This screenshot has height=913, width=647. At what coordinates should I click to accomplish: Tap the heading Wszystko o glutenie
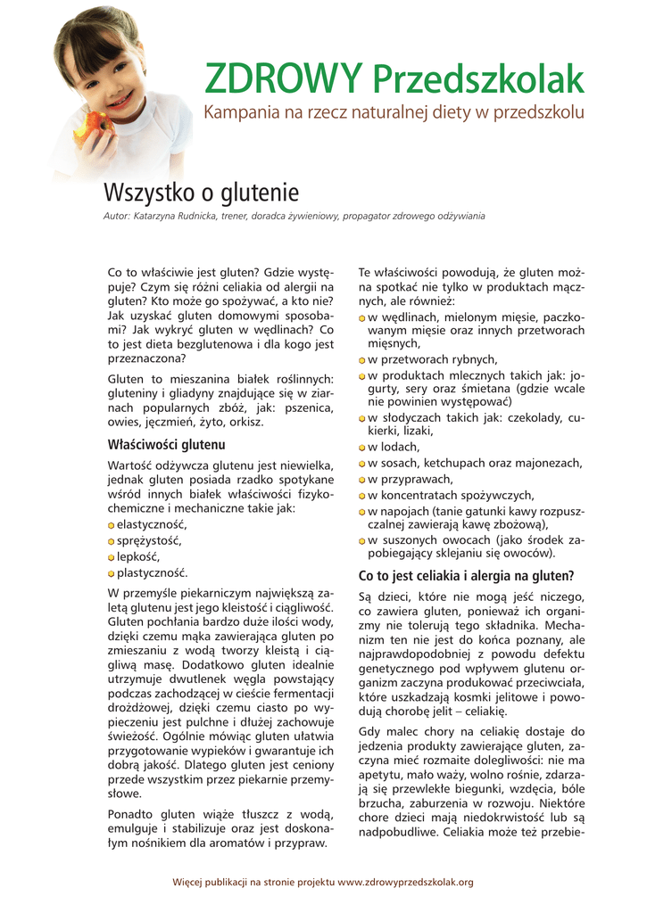click(202, 193)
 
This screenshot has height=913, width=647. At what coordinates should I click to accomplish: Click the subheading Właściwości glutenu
click(166, 444)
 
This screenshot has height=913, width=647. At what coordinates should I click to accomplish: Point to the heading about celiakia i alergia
click(466, 575)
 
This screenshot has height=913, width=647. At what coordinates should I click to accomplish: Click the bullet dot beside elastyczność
click(112, 526)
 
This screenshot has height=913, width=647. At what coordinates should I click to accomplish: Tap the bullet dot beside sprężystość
click(112, 542)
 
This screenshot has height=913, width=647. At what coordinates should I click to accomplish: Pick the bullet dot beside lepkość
click(112, 558)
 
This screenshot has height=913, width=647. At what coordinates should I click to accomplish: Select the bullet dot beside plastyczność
click(112, 574)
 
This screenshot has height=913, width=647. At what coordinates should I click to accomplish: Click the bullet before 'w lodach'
click(362, 448)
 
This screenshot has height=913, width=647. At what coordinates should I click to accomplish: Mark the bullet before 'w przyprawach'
click(362, 480)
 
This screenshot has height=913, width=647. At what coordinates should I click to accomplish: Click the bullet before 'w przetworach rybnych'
click(362, 360)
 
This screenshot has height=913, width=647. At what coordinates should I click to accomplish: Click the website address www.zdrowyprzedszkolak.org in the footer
click(405, 882)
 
